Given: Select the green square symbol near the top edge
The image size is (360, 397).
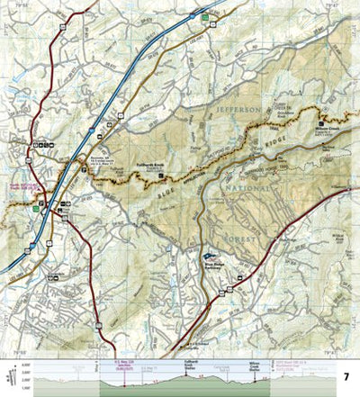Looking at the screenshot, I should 205,18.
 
